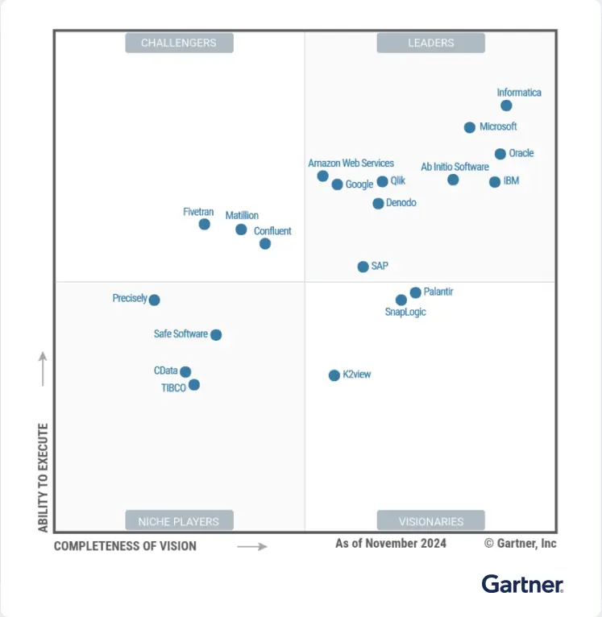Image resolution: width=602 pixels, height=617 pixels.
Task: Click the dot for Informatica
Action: (506, 106)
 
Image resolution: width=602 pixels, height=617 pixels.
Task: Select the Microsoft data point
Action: (470, 127)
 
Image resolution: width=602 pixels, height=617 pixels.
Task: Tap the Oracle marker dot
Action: (500, 154)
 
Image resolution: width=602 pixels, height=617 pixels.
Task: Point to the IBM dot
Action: (495, 182)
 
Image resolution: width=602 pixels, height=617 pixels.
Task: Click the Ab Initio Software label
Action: (455, 167)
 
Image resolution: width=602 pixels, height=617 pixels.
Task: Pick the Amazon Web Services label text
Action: (351, 164)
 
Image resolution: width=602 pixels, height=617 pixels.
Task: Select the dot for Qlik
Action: (383, 182)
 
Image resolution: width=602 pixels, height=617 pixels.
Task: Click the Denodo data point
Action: (378, 204)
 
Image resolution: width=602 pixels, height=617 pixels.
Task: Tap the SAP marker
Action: (363, 267)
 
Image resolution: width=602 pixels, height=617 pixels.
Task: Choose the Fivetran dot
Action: (205, 224)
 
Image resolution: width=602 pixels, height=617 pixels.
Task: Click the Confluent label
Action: (272, 231)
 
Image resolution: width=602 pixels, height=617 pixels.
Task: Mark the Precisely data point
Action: (155, 300)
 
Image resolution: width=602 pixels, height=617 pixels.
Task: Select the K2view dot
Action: (334, 375)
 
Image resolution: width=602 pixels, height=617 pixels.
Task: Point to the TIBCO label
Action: (173, 387)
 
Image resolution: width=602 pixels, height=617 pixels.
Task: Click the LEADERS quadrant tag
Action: (430, 43)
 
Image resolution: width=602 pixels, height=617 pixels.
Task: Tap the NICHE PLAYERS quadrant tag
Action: (179, 521)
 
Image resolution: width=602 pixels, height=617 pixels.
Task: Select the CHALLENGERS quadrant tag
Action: (179, 43)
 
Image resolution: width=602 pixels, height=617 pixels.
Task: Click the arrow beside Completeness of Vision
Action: (251, 546)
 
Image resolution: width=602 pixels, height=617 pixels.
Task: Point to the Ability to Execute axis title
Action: (44, 478)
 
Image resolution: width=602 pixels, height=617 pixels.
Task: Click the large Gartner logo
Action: (522, 584)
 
